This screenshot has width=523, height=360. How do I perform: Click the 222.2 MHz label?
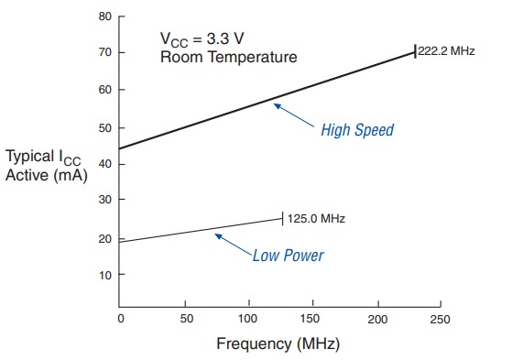446,52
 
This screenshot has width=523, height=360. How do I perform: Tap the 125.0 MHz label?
316,219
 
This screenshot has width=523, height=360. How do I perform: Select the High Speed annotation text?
356,130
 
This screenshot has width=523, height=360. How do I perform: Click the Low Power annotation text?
288,255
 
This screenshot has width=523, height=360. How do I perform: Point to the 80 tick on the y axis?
105,16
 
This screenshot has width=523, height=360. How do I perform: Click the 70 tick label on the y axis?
105,53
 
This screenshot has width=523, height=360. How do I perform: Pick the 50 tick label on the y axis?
105,127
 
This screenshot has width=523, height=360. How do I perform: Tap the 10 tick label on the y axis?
105,275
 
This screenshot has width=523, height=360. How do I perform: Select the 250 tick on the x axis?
441,318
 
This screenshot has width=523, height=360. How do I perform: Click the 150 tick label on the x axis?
313,318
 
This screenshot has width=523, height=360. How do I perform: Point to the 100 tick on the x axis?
248,318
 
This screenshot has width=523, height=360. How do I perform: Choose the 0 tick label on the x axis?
120,318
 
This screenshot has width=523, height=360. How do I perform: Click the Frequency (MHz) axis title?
277,344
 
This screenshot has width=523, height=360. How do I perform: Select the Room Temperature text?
228,57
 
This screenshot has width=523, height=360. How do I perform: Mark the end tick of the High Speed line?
415,52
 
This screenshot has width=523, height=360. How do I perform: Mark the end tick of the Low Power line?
282,218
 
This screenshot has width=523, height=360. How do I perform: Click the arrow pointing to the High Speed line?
293,115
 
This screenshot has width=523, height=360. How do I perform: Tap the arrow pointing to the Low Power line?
233,245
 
